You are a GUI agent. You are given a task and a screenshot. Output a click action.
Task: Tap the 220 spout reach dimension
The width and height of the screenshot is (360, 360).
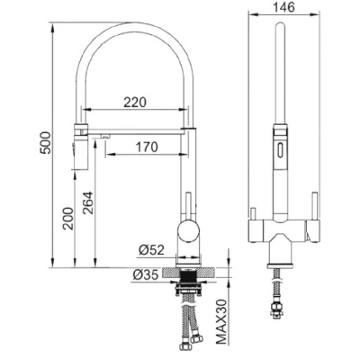(135, 103)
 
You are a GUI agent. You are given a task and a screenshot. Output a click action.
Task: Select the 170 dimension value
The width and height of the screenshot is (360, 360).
(147, 147)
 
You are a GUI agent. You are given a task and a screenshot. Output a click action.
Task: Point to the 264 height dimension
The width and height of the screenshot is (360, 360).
(88, 202)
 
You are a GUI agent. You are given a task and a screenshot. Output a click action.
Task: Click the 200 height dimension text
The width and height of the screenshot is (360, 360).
(68, 219)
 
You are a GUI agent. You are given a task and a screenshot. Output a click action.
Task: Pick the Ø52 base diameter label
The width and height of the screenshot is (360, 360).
(151, 249)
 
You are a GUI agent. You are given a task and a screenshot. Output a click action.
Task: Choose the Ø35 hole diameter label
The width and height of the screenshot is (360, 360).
(145, 274)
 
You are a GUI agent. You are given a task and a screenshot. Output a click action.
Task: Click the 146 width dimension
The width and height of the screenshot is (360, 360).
(283, 7)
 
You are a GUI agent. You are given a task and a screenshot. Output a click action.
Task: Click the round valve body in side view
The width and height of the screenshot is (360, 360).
(188, 231)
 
